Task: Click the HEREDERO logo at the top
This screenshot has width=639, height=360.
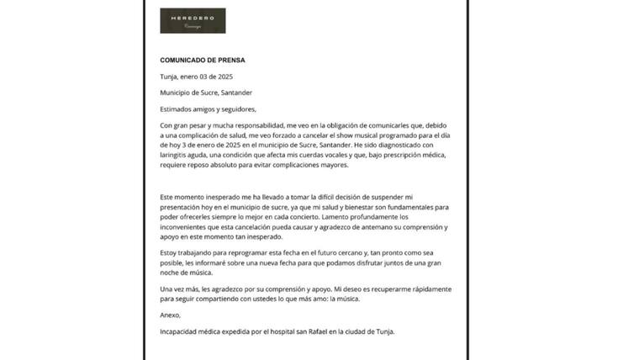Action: click(193, 21)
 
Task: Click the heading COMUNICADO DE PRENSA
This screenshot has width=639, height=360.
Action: click(203, 61)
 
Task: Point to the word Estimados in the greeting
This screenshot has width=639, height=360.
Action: click(177, 109)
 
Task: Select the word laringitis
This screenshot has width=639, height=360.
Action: click(177, 156)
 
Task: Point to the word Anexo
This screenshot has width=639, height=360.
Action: click(171, 315)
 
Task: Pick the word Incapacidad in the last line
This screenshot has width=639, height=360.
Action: click(181, 331)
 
